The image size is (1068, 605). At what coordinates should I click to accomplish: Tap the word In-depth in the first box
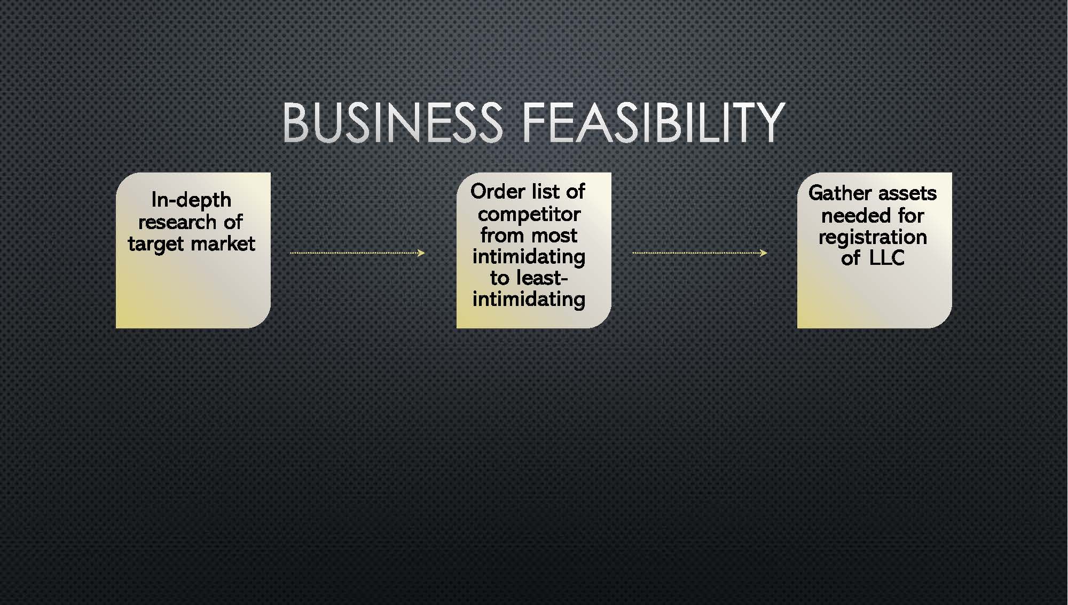coord(191,200)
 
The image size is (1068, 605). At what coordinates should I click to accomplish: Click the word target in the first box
coord(155,244)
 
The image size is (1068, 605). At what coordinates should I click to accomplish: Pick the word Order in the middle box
coord(498,191)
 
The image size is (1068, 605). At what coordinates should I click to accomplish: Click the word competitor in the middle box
coord(529,214)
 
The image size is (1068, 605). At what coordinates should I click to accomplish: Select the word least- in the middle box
coord(541,278)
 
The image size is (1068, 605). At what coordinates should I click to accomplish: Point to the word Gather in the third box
coord(839,193)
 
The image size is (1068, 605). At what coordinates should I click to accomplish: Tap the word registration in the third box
coord(873,237)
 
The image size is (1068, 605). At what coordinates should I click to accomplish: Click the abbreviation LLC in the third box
coord(886,258)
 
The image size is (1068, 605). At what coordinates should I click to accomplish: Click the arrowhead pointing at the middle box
coord(421,253)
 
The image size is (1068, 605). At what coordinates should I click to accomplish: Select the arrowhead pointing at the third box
coord(764,253)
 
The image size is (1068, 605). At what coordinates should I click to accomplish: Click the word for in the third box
coord(911,215)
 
